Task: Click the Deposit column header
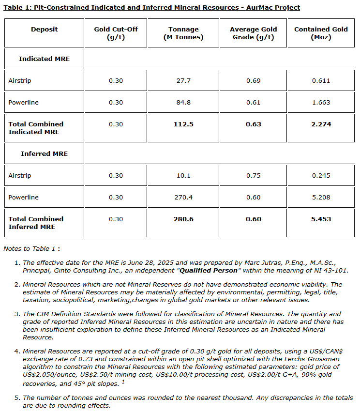tap(44, 29)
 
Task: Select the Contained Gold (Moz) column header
tap(321, 33)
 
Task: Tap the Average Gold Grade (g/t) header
tap(253, 33)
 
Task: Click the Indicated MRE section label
tap(44, 59)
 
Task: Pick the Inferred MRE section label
tap(44, 153)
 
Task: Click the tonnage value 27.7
tap(183, 80)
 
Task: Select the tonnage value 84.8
tap(183, 102)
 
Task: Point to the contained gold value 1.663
tap(321, 102)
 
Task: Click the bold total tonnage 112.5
tap(183, 124)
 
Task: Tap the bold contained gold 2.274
tap(321, 124)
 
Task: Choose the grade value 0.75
tap(253, 175)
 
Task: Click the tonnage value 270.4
tap(183, 197)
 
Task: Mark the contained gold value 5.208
tap(321, 197)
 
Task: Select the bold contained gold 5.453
tap(321, 219)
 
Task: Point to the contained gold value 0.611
tap(321, 80)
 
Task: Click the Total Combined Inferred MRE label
tap(36, 223)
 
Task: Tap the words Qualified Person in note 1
tap(210, 270)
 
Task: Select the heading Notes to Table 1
tap(31, 248)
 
